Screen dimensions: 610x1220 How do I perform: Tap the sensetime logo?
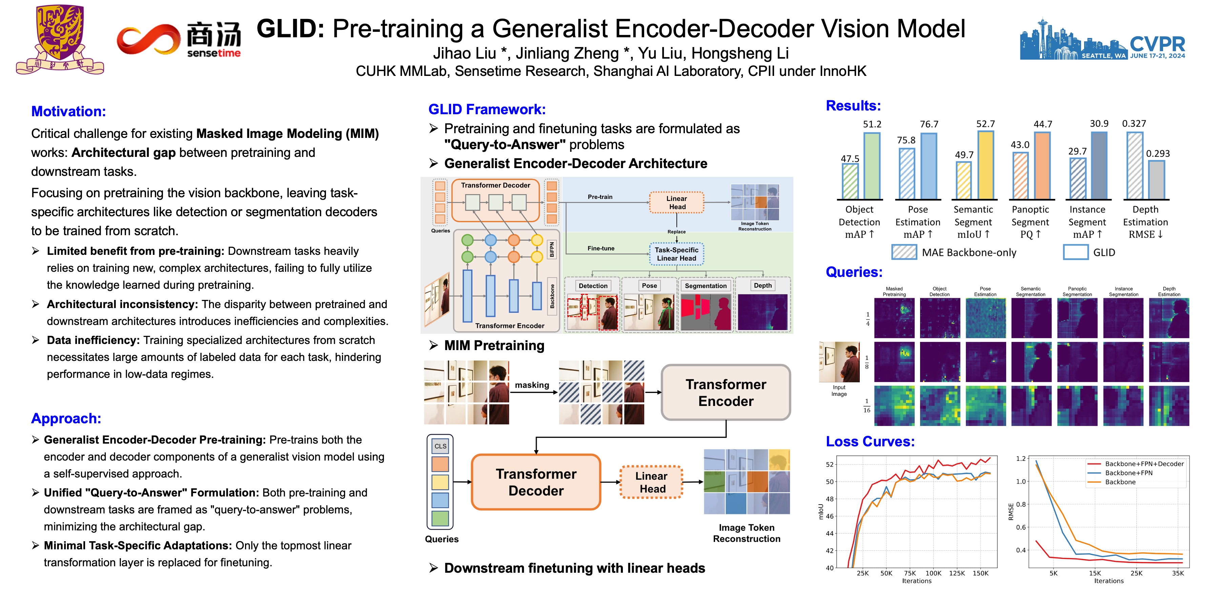[179, 41]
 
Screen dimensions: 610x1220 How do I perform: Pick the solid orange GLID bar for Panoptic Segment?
[1042, 166]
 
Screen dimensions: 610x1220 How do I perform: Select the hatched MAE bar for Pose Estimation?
[907, 174]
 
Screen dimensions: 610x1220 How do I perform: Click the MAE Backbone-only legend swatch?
[903, 252]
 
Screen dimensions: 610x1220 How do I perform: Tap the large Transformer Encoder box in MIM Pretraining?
[726, 393]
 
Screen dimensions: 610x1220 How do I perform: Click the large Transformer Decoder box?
[536, 482]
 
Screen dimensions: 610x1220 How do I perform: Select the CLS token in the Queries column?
[440, 446]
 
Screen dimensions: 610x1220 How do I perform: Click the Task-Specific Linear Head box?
[676, 254]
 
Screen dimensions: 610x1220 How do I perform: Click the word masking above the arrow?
[531, 385]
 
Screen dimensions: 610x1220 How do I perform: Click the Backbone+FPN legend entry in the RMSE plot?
[1128, 473]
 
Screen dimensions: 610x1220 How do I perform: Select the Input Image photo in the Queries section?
[839, 362]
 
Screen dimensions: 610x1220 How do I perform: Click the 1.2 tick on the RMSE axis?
[1021, 459]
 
